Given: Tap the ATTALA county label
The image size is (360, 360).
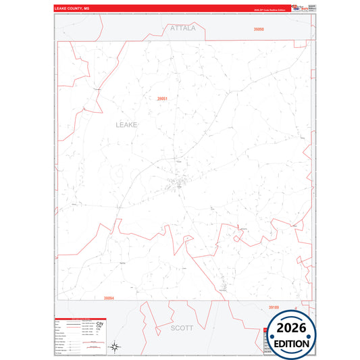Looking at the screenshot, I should click(182, 29).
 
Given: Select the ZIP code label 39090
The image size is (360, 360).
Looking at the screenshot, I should click(259, 30).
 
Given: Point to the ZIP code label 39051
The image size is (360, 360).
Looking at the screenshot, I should click(162, 99).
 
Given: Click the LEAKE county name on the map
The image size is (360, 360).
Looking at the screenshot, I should click(126, 125).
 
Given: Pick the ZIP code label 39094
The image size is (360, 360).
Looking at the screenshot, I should click(109, 297).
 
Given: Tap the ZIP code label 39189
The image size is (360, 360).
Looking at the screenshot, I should click(274, 307).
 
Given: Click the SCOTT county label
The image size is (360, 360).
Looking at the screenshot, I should click(182, 328).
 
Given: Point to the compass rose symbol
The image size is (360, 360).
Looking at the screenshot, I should click(115, 347).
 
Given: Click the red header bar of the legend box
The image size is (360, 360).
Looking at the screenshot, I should click(80, 318).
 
